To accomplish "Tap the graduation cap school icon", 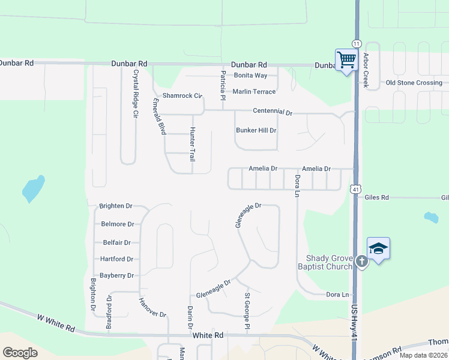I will click(x=378, y=248).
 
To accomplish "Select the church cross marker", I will click(x=361, y=261).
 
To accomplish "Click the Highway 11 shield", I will click(x=357, y=44).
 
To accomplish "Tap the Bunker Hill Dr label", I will click(x=256, y=130).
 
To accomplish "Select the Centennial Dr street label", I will click(x=272, y=112).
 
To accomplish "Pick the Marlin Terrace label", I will click(x=254, y=92).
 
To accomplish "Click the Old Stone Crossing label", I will click(x=414, y=83).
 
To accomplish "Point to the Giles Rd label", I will click(x=376, y=197).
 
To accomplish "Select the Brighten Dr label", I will click(x=116, y=206).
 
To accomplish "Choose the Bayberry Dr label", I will click(x=116, y=275).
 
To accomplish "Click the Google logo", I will click(x=20, y=352).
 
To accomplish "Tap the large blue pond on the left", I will click(x=33, y=188).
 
